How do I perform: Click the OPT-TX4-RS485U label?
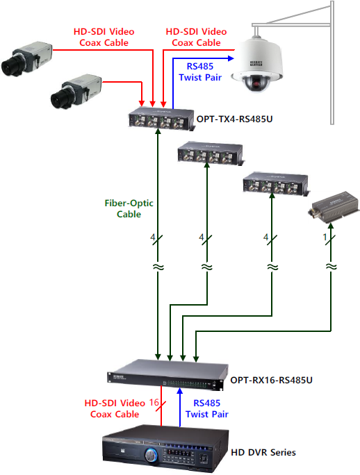point(234,119)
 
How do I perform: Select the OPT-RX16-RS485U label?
point(271,380)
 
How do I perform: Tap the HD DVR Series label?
point(263,452)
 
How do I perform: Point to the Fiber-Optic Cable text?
point(129,208)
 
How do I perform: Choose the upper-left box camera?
point(26,59)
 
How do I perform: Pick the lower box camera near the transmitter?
point(76,91)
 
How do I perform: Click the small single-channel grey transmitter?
point(334,208)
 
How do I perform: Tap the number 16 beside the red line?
point(154,402)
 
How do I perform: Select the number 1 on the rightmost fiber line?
point(325,237)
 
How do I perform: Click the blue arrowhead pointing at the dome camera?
point(231,58)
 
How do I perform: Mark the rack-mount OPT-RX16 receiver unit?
point(167,375)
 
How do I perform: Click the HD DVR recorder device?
point(165,449)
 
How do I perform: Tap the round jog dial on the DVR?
point(151,455)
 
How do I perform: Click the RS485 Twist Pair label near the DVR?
point(207,408)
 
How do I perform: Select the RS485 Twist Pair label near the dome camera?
point(200,72)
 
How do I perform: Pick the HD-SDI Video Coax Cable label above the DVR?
point(115,408)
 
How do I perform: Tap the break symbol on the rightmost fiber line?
point(331,267)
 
